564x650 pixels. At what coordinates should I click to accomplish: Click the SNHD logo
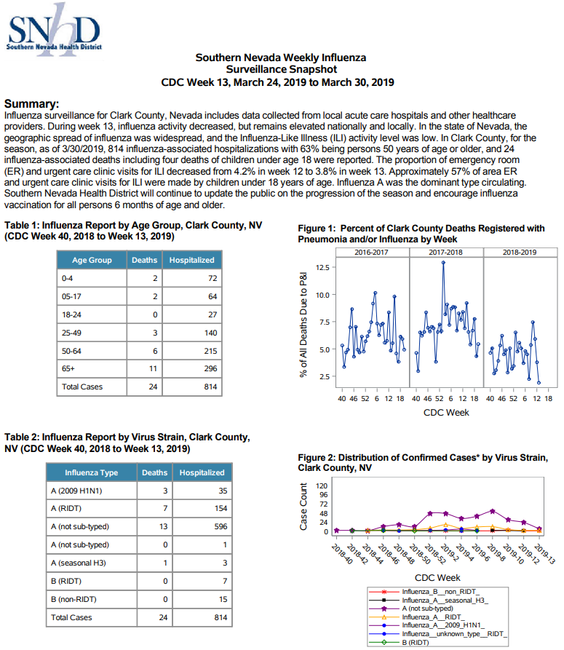pyautogui.click(x=54, y=30)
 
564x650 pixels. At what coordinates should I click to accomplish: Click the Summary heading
pyautogui.click(x=31, y=103)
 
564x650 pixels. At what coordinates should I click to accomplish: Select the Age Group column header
pyautogui.click(x=92, y=260)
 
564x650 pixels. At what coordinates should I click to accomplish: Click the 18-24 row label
pyautogui.click(x=71, y=314)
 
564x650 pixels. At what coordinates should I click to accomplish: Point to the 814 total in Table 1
pyautogui.click(x=210, y=387)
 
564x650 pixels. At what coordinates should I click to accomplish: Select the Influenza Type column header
pyautogui.click(x=91, y=472)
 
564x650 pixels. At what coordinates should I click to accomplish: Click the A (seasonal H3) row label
pyautogui.click(x=79, y=563)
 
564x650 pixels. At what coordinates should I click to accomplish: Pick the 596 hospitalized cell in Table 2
pyautogui.click(x=221, y=526)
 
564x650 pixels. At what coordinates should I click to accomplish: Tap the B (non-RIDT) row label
pyautogui.click(x=74, y=600)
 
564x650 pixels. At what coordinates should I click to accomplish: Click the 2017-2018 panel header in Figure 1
pyautogui.click(x=445, y=252)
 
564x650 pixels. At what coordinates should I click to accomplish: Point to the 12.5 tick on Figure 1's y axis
pyautogui.click(x=323, y=267)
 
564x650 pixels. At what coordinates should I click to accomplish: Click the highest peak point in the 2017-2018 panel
pyautogui.click(x=443, y=263)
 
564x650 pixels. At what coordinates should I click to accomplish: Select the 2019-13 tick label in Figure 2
pyautogui.click(x=544, y=554)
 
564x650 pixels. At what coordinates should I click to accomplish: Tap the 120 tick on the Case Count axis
pyautogui.click(x=322, y=485)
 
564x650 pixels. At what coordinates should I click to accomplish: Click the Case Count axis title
pyautogui.click(x=303, y=506)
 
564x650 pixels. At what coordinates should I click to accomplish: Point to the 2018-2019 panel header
pyautogui.click(x=520, y=252)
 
